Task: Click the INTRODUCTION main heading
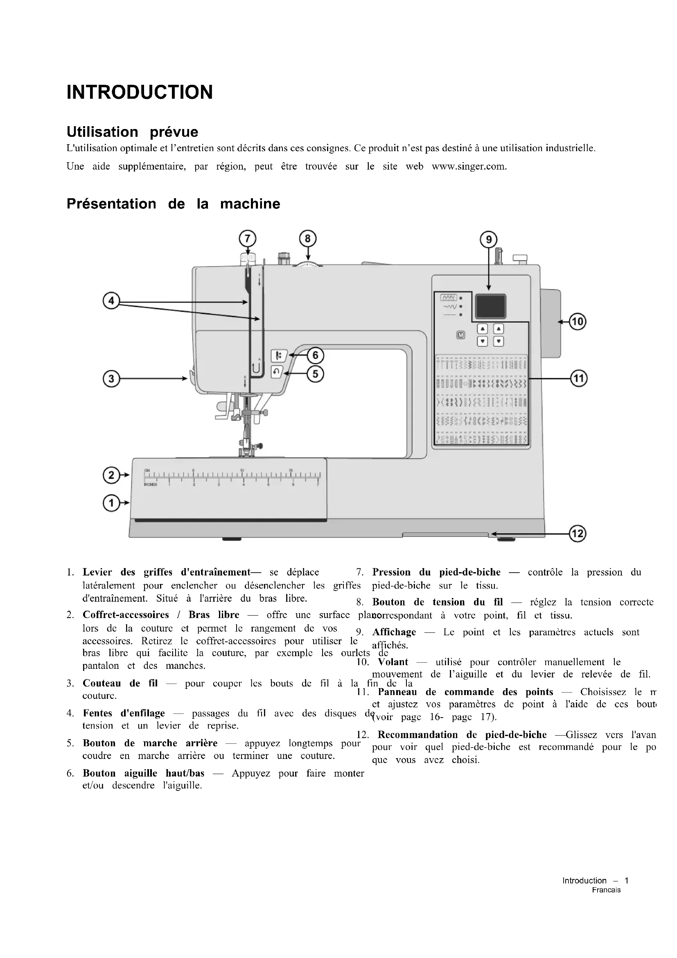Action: [140, 92]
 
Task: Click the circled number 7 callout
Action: [247, 239]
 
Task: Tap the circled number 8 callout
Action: [308, 239]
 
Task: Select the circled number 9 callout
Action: [489, 240]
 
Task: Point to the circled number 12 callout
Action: [578, 534]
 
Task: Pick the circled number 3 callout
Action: [111, 379]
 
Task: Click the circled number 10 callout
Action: [578, 322]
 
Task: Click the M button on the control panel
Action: [460, 335]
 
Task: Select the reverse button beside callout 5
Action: [277, 371]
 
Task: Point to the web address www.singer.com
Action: [469, 166]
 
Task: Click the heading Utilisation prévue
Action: [132, 132]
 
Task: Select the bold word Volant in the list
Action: [393, 662]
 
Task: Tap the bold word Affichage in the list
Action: [394, 632]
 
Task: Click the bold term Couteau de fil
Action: [120, 683]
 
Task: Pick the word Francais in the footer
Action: [606, 890]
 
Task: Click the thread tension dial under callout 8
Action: [308, 264]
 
